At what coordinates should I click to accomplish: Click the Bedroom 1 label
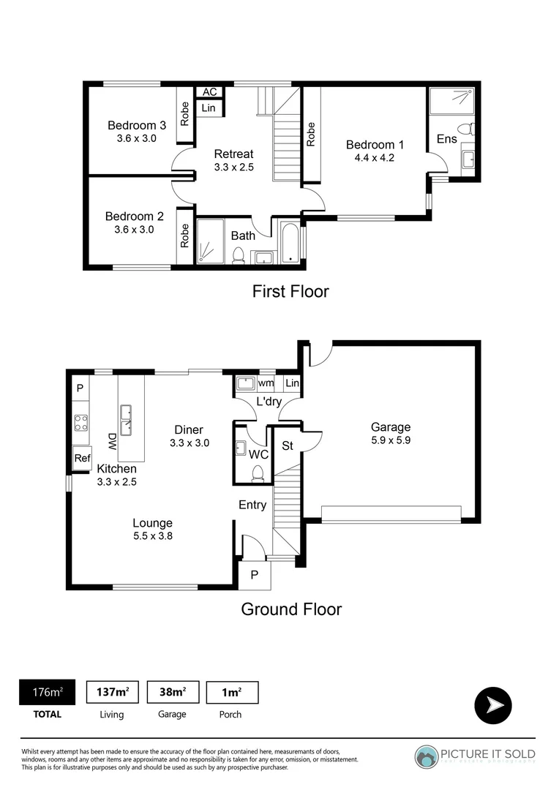[375, 144]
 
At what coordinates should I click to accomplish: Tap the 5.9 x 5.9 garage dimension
[390, 441]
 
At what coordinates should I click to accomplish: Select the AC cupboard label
[210, 92]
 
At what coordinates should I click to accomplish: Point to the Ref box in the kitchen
[82, 459]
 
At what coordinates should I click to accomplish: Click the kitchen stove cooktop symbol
[80, 423]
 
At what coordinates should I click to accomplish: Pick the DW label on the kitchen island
[113, 441]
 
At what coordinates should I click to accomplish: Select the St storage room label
[288, 445]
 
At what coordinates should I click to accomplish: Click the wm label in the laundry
[266, 383]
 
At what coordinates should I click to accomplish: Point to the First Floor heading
[290, 291]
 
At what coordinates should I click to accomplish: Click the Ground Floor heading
[291, 609]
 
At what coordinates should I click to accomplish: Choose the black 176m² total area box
[47, 692]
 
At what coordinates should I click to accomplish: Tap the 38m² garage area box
[172, 692]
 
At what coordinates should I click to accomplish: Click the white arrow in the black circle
[493, 705]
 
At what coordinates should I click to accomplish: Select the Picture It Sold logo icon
[427, 756]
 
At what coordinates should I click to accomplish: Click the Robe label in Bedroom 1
[312, 134]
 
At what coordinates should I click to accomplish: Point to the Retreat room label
[233, 154]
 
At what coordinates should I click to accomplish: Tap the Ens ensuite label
[446, 139]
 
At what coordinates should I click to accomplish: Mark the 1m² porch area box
[233, 692]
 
